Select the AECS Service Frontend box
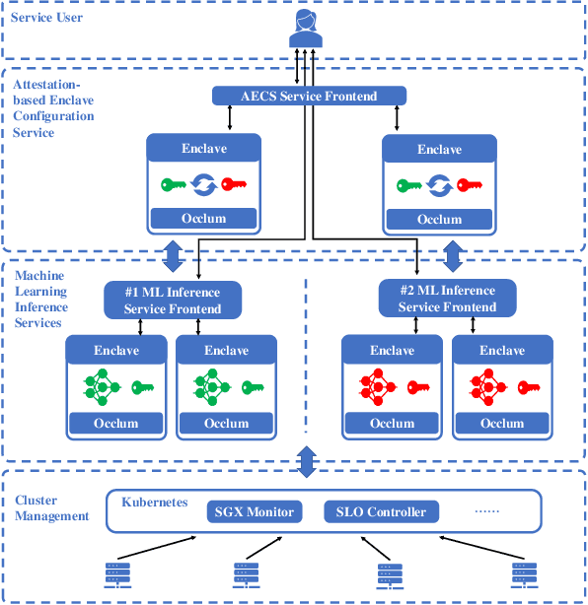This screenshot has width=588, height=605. (309, 96)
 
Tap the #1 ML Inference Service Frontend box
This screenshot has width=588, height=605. (173, 300)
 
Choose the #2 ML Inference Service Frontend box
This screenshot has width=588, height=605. (447, 300)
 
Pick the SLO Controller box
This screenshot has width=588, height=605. (381, 511)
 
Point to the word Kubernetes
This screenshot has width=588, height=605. (155, 503)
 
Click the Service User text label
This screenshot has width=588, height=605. (47, 18)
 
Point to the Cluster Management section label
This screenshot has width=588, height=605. (51, 508)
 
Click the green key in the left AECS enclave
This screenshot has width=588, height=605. (176, 184)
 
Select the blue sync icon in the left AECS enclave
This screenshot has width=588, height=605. (204, 184)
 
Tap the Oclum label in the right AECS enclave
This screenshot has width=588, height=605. (439, 219)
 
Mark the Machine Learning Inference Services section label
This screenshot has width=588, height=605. (41, 300)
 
